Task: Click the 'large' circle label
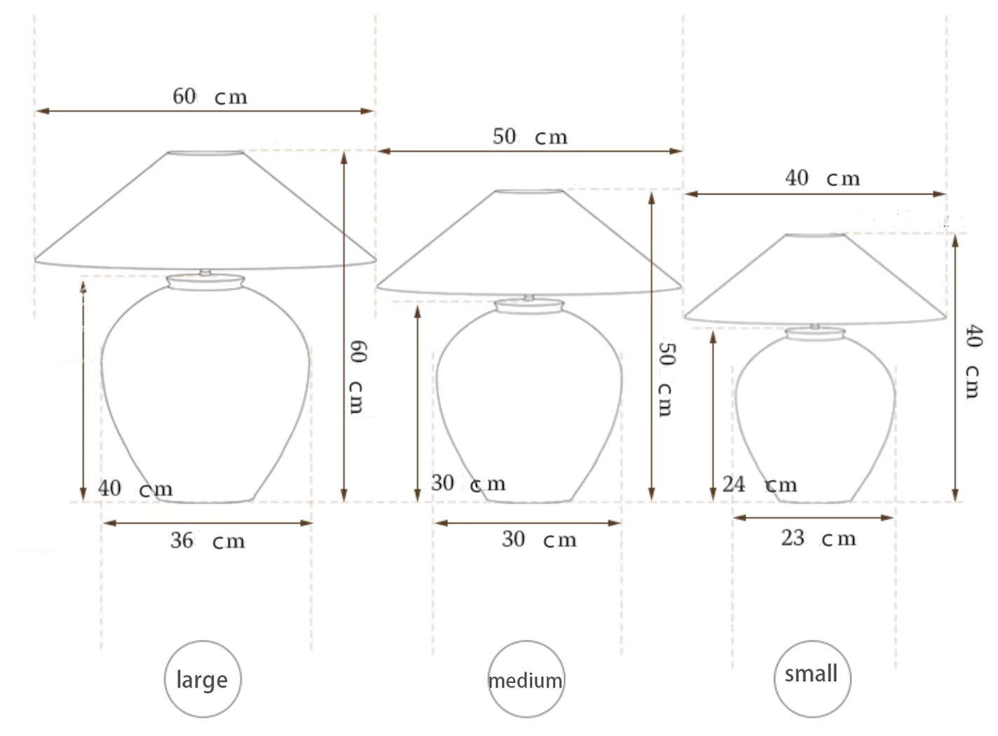[x=203, y=679]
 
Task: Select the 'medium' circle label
[x=526, y=679]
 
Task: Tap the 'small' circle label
[x=812, y=679]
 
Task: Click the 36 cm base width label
[x=207, y=541]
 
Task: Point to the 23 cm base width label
[x=819, y=538]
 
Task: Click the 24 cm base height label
[x=759, y=484]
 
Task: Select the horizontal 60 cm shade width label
[x=210, y=96]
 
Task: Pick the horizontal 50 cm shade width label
[x=530, y=136]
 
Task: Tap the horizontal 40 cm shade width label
[x=823, y=178]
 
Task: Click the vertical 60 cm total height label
[x=357, y=377]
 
